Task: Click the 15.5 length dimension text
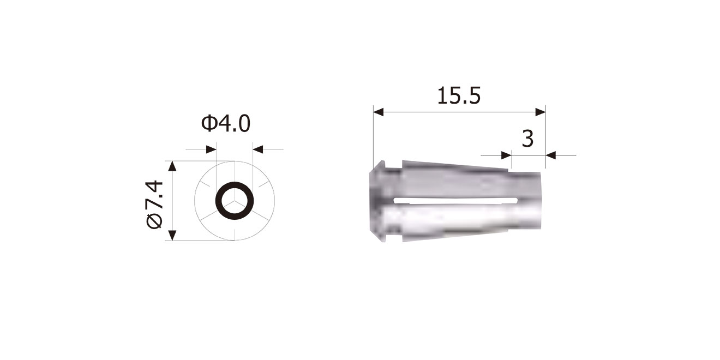tap(459, 96)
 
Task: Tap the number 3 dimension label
tap(528, 139)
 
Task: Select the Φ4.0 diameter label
tap(226, 124)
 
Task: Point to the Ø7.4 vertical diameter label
tap(154, 205)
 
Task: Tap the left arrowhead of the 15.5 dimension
tap(379, 112)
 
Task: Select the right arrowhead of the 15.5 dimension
tap(541, 112)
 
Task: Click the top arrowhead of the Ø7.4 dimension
tap(172, 166)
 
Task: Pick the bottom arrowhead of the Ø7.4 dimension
tap(172, 235)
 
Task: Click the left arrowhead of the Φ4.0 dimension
tap(211, 149)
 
